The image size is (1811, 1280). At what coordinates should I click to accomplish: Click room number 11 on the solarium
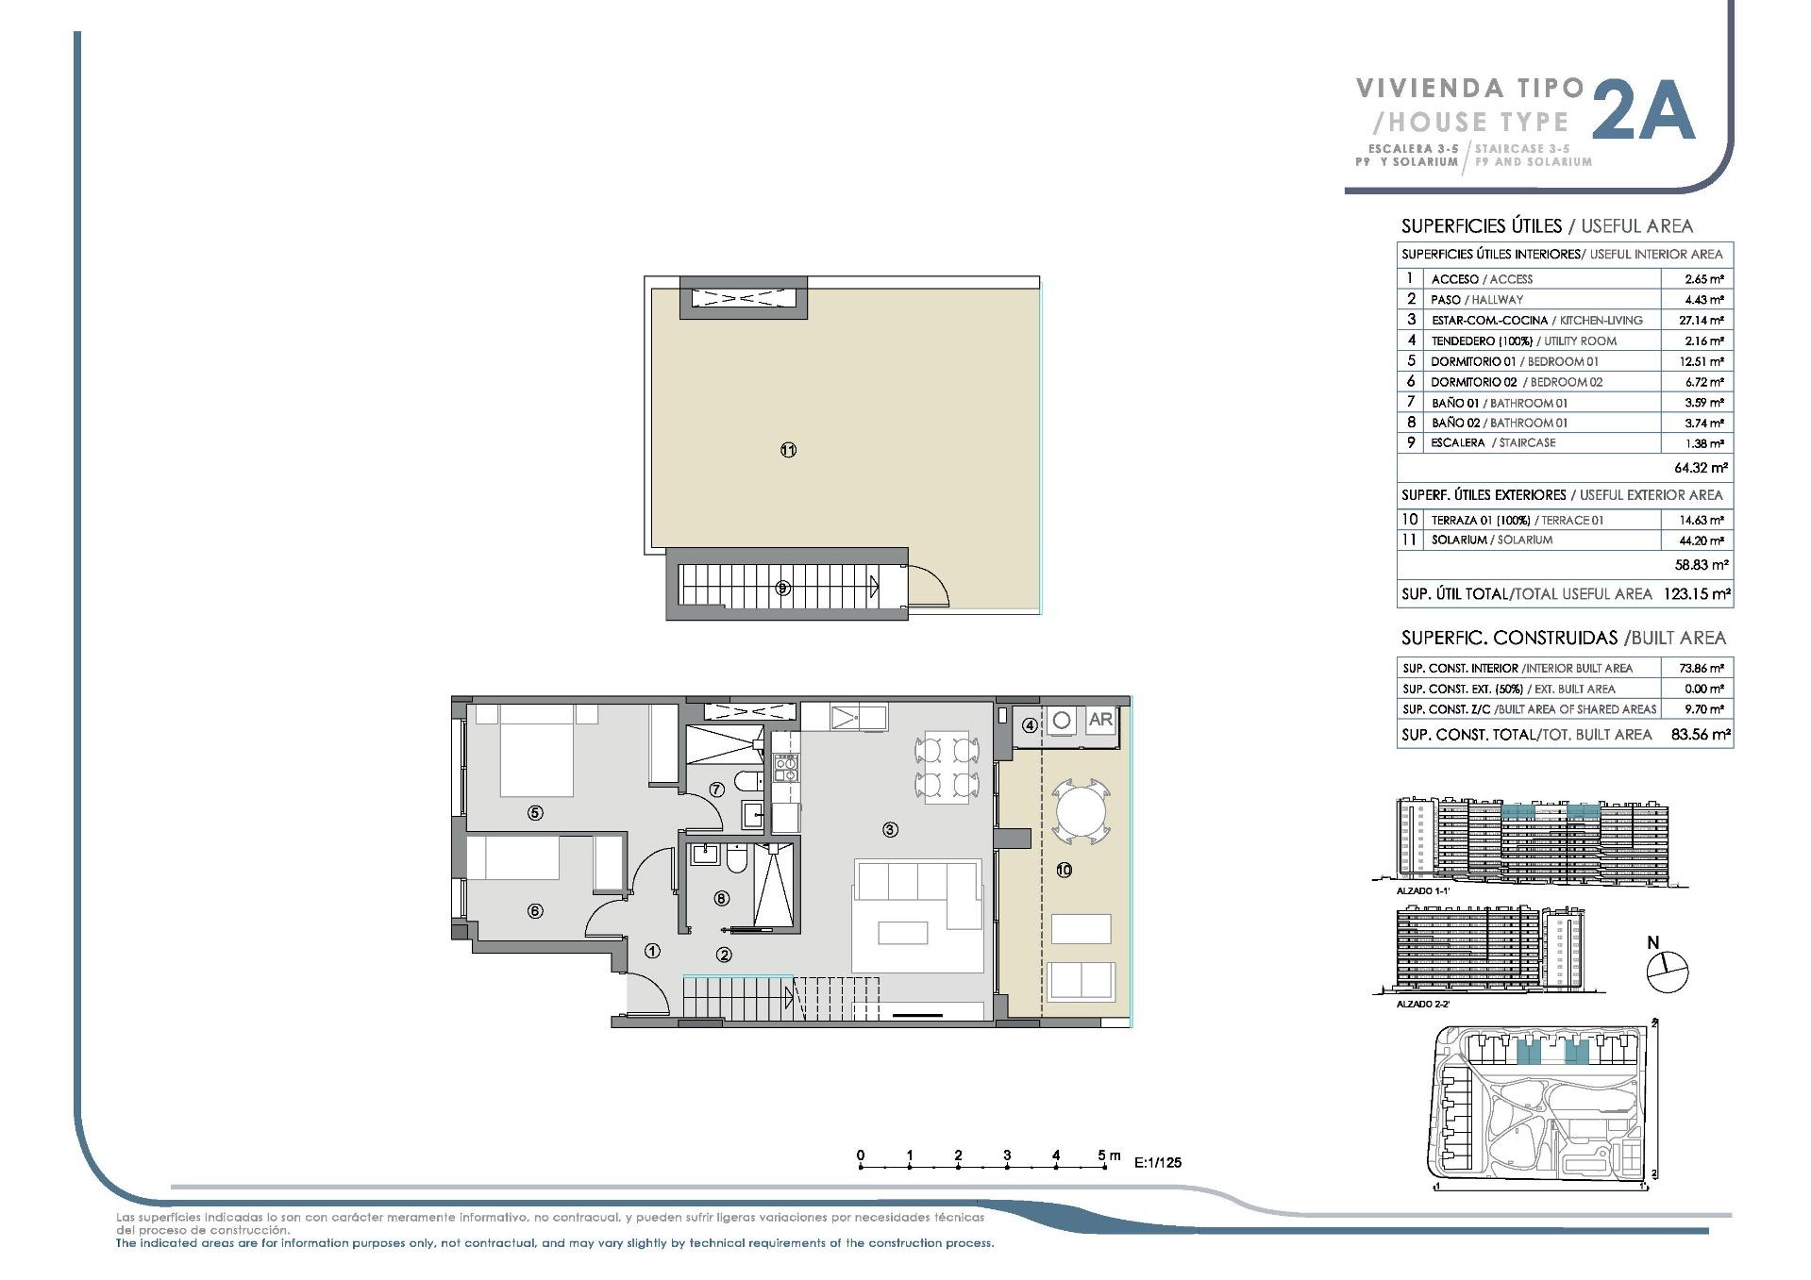pyautogui.click(x=788, y=450)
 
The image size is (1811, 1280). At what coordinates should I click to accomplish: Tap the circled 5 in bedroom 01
pyautogui.click(x=535, y=812)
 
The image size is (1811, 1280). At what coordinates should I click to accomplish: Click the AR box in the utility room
pyautogui.click(x=1099, y=720)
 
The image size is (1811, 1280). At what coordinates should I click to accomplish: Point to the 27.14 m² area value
pyautogui.click(x=1703, y=321)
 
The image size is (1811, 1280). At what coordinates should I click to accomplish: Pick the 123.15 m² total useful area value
pyautogui.click(x=1696, y=594)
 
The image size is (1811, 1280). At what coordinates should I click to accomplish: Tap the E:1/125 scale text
pyautogui.click(x=1158, y=1162)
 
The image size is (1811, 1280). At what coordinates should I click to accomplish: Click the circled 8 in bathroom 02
pyautogui.click(x=722, y=899)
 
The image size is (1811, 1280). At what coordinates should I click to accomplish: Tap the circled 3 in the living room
pyautogui.click(x=889, y=830)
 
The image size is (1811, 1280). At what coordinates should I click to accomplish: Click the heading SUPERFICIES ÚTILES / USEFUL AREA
pyautogui.click(x=1547, y=226)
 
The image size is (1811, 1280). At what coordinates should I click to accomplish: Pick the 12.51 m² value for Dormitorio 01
pyautogui.click(x=1703, y=362)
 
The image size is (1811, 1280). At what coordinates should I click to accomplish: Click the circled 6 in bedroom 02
pyautogui.click(x=535, y=910)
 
